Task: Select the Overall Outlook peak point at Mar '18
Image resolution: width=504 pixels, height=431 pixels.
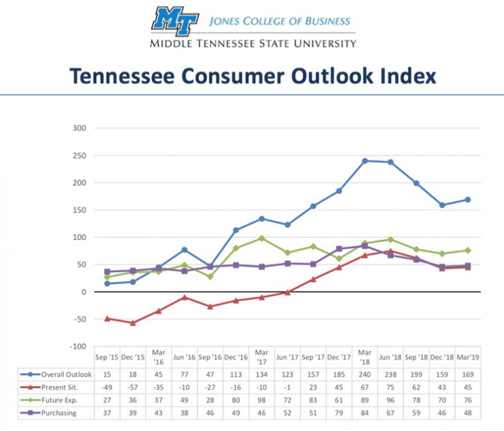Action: pos(365,161)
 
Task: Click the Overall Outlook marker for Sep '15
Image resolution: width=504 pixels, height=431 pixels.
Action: pos(107,283)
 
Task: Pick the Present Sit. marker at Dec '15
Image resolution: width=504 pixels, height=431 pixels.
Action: pos(133,323)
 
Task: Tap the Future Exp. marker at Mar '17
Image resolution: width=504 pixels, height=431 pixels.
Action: pos(262,239)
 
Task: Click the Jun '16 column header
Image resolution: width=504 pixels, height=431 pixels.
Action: pos(185,357)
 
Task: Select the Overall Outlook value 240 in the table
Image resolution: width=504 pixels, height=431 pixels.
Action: pos(365,374)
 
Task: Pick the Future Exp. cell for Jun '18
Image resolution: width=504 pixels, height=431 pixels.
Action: pos(391,400)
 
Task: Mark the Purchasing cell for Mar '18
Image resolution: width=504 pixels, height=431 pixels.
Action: pos(365,413)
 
